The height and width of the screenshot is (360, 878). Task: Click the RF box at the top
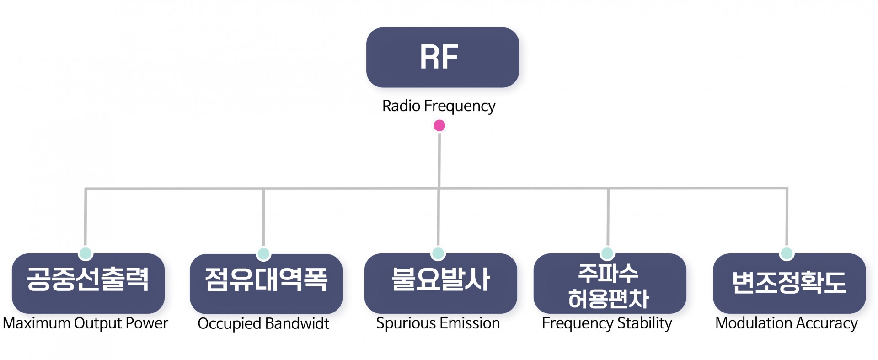442,57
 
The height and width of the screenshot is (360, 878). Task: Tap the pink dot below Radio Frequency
439,125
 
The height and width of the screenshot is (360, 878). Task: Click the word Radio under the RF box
401,106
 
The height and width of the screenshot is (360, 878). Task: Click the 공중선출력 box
88,283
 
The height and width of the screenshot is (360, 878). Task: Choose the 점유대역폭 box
266,284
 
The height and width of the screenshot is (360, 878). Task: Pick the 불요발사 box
440,283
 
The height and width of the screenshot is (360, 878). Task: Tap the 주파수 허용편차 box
610,283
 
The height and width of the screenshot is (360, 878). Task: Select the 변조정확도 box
789,283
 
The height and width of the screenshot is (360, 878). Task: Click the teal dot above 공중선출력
86,253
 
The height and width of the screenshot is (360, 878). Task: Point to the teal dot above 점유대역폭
263,253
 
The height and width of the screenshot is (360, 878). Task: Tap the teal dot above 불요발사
438,253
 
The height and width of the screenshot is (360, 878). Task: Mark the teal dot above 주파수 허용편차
607,253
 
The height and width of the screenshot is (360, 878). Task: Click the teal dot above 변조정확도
787,253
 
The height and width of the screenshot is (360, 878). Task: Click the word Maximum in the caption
36,323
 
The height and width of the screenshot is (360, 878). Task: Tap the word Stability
645,324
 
